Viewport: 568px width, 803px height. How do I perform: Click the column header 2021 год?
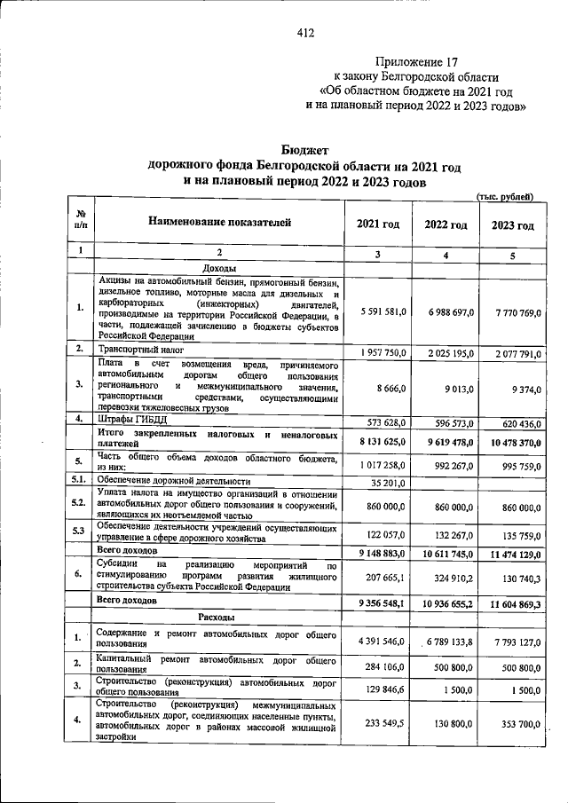coord(377,225)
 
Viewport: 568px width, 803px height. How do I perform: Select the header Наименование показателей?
coord(219,222)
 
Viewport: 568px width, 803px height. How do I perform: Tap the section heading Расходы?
coord(218,616)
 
